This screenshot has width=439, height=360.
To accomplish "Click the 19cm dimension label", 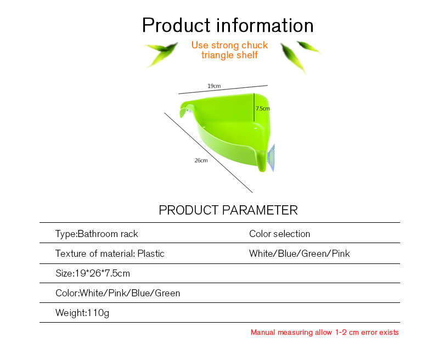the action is (x=214, y=86).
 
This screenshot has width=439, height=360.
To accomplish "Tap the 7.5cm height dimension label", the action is (x=263, y=108).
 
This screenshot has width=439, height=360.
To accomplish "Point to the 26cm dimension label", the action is (x=201, y=160).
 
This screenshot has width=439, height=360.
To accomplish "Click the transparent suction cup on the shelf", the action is (x=272, y=157).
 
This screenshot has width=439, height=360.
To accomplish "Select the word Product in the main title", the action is (x=176, y=25).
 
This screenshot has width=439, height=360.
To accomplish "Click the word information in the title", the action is (x=264, y=25).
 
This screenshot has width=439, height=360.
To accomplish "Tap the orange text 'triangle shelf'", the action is (x=229, y=55).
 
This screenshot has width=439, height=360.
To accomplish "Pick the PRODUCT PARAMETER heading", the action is (x=228, y=210).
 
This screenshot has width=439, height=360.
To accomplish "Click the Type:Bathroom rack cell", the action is (x=97, y=234).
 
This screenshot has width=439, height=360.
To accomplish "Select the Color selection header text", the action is (x=279, y=234).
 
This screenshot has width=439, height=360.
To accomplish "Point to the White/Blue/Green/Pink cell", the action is (x=299, y=254).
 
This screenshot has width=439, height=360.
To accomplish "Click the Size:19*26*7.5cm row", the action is (x=93, y=273).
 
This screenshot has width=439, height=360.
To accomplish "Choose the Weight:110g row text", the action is (x=82, y=313).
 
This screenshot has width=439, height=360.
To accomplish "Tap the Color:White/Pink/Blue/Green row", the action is (x=117, y=293).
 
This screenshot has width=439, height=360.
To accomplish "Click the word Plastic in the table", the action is (x=151, y=254).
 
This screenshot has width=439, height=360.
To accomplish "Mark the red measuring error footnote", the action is (x=324, y=332).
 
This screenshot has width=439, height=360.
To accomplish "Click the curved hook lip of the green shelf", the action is (x=185, y=109).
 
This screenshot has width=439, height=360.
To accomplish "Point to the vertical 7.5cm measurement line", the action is (x=254, y=108).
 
